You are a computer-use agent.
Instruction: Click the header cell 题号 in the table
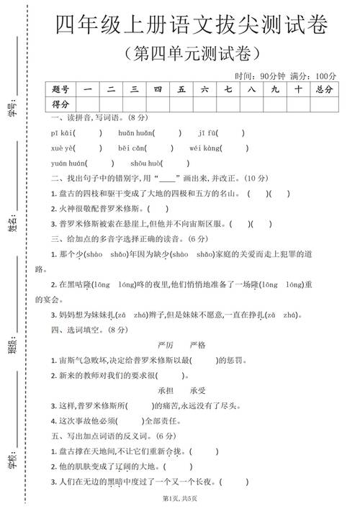pos(61,89)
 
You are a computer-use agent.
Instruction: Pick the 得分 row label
pos(61,104)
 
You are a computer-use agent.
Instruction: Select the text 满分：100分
pos(315,76)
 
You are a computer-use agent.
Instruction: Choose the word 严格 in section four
pos(197,345)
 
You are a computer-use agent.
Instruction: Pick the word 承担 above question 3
pos(167,389)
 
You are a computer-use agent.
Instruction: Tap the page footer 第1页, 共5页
pos(179,498)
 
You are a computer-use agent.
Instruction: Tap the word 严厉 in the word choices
pos(166,345)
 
